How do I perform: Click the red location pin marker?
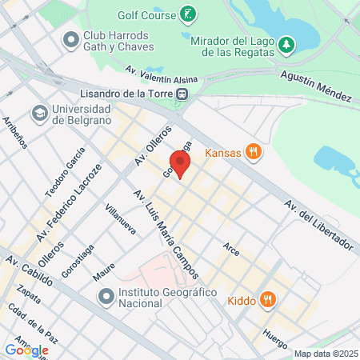180,163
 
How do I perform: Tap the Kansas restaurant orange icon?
254,152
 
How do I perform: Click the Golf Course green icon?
186,14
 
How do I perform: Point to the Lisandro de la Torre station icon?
184,94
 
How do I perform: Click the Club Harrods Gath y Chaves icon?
71,37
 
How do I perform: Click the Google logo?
26,350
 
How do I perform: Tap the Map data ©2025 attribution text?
326,354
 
